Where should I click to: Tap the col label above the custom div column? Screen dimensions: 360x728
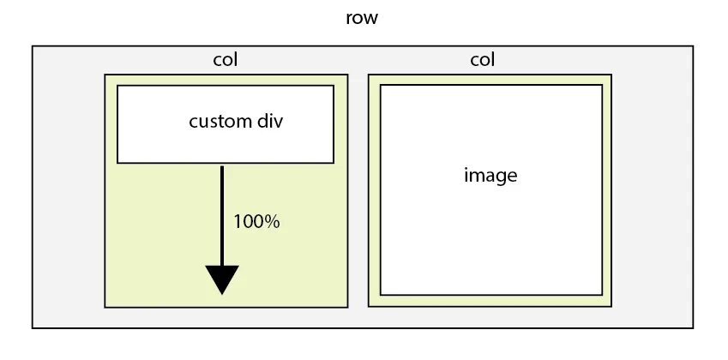coord(225,60)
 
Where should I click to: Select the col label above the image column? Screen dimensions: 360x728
coord(483,60)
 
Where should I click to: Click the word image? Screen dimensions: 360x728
coord(490,177)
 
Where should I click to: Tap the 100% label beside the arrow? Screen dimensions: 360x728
coord(257,221)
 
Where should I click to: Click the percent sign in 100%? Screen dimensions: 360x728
coord(273,221)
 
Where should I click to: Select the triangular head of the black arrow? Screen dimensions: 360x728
coord(222,278)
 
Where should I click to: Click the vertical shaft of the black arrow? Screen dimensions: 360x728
coord(222,214)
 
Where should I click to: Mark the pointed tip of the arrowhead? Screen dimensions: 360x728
coord(222,294)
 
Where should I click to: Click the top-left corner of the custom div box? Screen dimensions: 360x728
coord(117,86)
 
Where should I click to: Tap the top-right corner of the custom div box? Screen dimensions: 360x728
coord(333,86)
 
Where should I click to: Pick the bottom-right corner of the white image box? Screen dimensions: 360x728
coord(601,294)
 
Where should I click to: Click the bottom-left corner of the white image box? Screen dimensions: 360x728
coord(381,294)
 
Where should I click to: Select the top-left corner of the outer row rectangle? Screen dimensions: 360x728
coord(33,46)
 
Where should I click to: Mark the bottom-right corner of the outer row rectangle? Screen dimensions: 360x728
coord(692,327)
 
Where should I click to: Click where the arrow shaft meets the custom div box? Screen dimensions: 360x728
coord(222,164)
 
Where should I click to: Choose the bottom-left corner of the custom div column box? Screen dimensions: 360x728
coord(105,306)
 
